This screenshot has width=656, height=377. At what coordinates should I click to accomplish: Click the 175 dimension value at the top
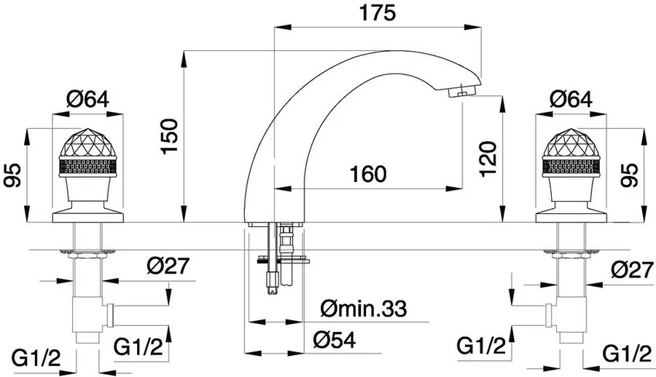378,13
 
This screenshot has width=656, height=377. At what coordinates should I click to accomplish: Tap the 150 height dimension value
170,136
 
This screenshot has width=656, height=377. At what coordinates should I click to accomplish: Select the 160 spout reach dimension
368,174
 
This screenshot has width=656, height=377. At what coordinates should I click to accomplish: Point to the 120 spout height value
488,159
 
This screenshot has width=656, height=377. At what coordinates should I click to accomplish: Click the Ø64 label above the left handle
87,100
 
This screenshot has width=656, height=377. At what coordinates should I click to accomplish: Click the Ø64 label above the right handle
571,100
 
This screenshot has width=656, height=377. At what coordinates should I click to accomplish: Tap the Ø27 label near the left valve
168,266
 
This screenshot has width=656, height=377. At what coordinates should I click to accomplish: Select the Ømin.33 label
364,309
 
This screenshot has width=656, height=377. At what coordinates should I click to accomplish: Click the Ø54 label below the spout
335,340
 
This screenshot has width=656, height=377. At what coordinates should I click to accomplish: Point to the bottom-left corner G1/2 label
36,358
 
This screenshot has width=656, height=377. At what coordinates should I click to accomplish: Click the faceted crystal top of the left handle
87,142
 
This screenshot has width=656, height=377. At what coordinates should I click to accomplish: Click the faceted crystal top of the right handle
571,142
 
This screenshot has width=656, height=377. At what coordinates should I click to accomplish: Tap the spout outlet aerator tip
463,91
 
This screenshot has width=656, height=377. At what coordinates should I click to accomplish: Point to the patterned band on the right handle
571,165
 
